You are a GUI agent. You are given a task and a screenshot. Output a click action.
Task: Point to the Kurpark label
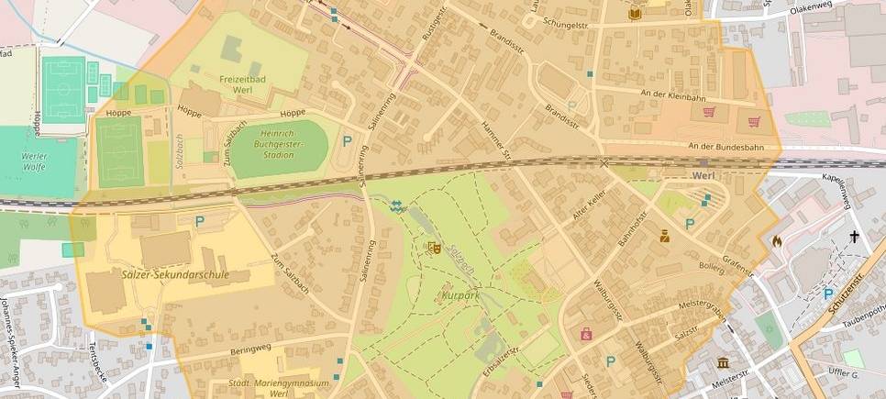click(461, 297)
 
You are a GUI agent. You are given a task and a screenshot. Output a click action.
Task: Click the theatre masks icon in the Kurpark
click(435, 248)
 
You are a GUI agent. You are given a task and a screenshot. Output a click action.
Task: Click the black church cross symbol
click(854, 237)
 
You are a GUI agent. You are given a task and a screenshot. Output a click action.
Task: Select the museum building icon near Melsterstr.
click(723, 362)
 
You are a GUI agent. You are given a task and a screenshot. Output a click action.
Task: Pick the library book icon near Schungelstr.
click(635, 13)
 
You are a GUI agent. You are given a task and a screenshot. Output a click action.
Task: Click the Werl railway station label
click(704, 174)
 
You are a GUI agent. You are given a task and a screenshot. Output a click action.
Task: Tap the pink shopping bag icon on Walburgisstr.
click(586, 334)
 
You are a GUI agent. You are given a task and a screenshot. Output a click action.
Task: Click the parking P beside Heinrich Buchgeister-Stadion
click(347, 141)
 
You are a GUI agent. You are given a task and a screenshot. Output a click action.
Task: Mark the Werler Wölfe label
click(34, 162)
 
